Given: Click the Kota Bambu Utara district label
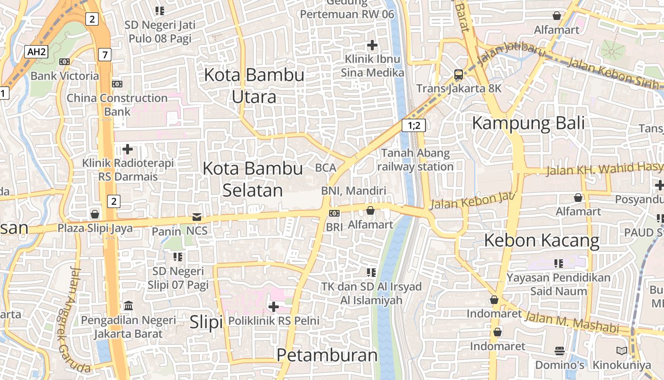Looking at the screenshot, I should click(254, 85).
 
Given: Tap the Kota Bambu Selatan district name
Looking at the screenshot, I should click(253, 179).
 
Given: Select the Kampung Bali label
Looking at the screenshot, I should click(528, 123).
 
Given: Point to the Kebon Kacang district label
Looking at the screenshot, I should click(542, 240).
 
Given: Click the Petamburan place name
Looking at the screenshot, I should click(327, 355).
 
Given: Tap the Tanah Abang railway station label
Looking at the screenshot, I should click(415, 160).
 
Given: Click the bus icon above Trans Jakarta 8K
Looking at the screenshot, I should click(459, 75).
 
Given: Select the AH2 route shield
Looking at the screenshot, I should click(37, 52).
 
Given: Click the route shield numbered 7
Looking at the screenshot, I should click(105, 55).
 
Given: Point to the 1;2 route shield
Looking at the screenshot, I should click(414, 125).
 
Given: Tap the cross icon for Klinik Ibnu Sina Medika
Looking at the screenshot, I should click(372, 45).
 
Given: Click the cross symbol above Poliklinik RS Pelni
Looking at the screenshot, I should click(274, 307).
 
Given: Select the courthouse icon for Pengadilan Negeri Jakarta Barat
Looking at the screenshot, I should click(128, 305).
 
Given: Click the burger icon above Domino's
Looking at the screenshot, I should click(560, 351).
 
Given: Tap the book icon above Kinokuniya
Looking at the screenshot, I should click(621, 351).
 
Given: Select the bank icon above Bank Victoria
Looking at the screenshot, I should click(65, 61).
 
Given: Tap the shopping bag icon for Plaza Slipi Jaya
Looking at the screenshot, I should click(95, 214).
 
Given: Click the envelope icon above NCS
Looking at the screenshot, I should click(196, 217).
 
